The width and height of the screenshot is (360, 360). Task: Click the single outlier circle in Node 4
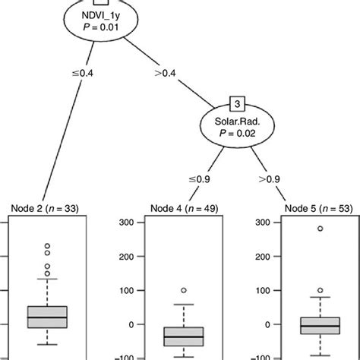[184, 290]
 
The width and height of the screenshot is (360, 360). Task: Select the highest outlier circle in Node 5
[321, 228]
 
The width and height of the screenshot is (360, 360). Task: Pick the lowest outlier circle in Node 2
[47, 273]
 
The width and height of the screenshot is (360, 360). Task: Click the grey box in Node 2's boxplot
[47, 317]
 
